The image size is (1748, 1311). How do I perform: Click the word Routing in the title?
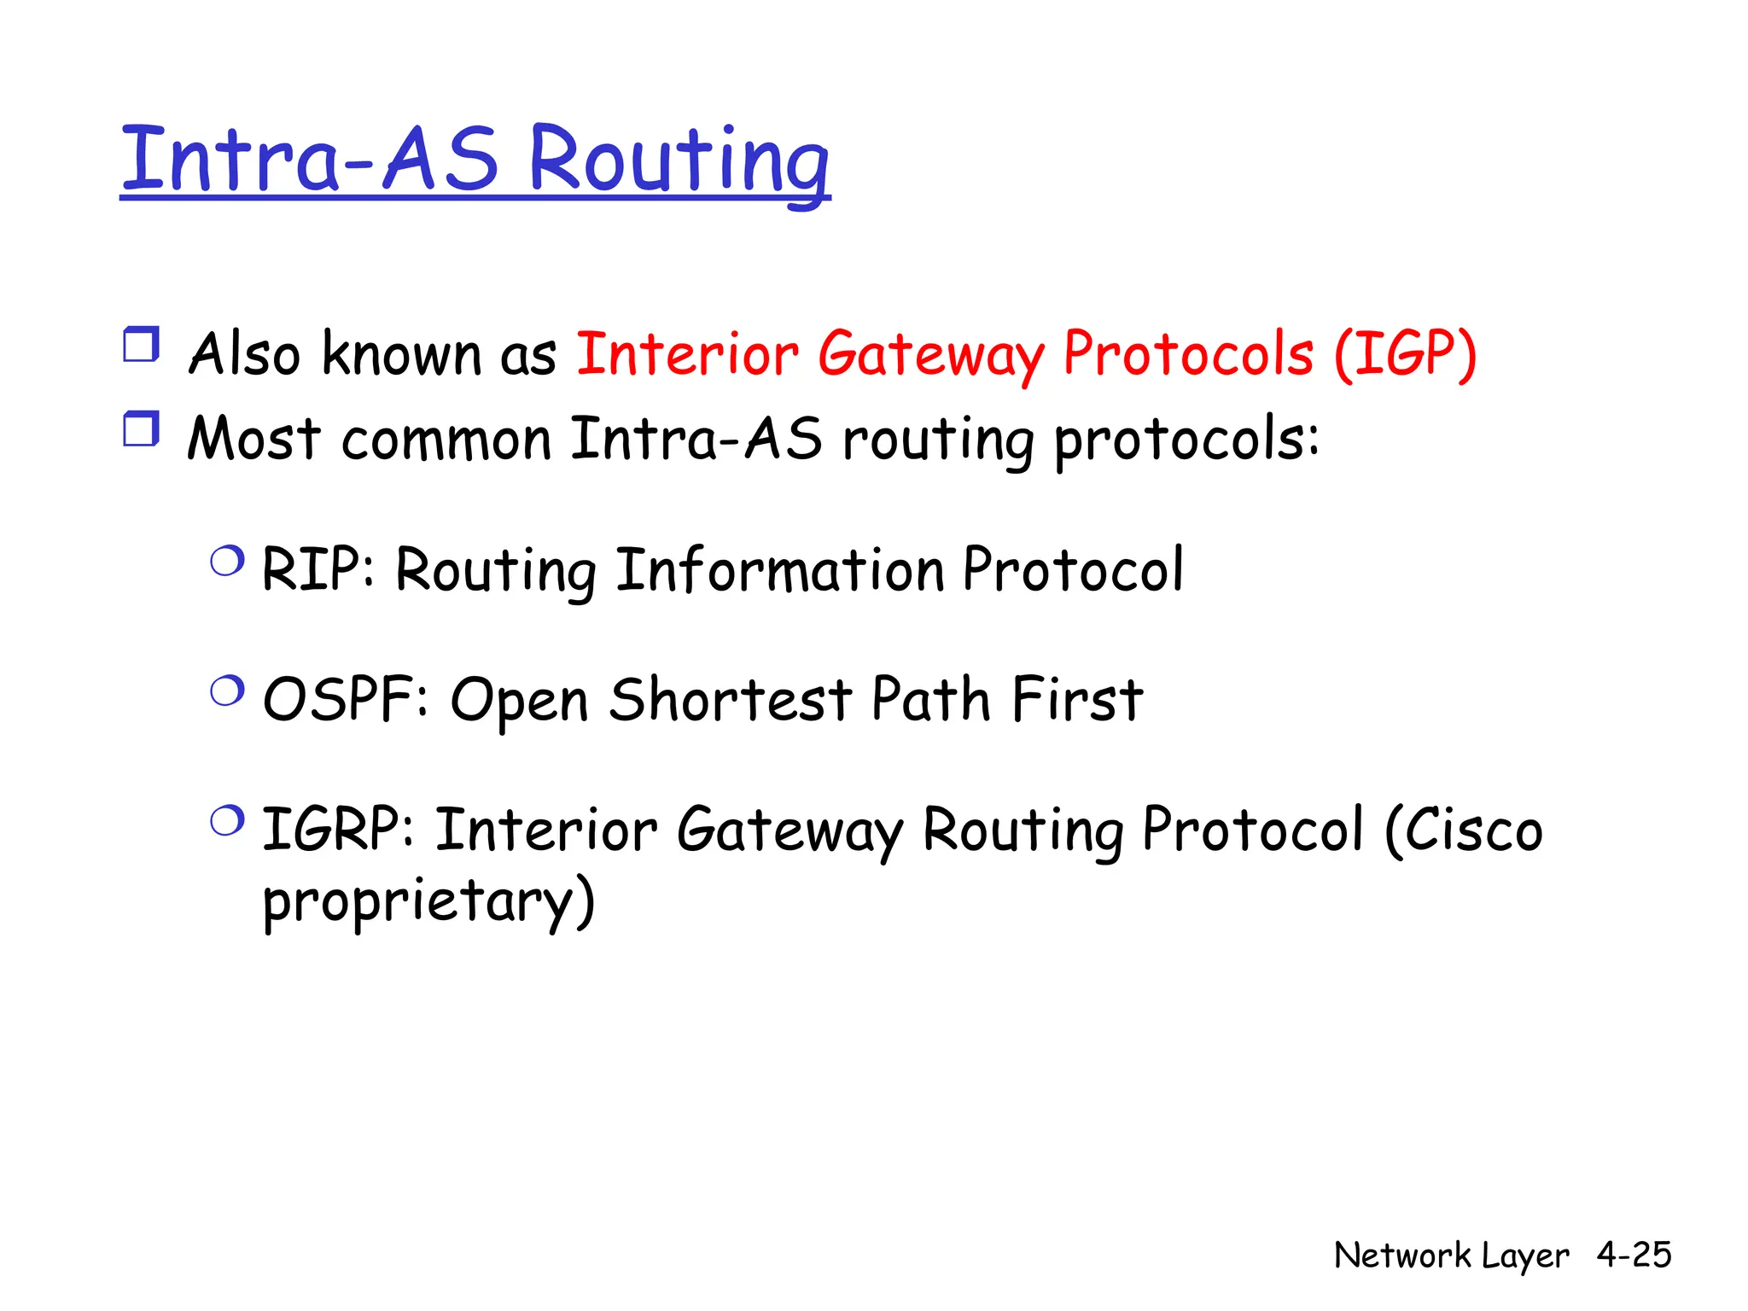point(679,160)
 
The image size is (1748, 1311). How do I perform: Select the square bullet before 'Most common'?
point(141,428)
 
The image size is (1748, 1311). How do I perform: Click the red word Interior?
point(687,353)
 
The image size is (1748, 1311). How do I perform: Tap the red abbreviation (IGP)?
point(1405,353)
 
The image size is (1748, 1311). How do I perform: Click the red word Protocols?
point(1187,353)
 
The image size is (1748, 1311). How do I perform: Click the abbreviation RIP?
point(317,569)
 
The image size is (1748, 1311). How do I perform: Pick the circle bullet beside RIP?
point(227,562)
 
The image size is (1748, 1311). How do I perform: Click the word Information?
point(779,569)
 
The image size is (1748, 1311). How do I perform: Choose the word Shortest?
point(730,700)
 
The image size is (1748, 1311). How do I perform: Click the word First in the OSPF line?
point(1077,700)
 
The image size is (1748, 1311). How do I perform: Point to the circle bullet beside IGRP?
point(227,822)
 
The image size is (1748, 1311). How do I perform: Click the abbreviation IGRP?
point(337,830)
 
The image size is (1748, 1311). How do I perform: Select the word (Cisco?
point(1463,830)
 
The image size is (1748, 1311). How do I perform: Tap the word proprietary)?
point(428,901)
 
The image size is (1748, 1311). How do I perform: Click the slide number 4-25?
point(1634,1255)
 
